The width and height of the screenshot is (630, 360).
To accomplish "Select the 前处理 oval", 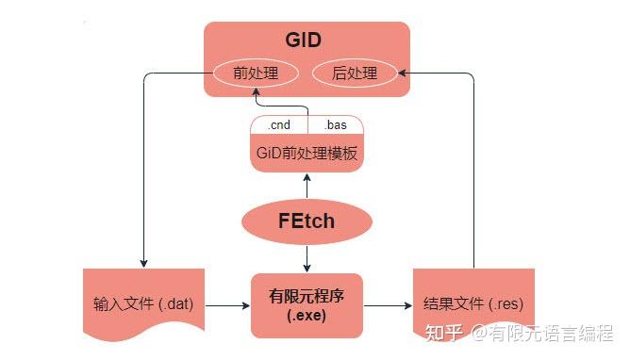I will [x=255, y=74].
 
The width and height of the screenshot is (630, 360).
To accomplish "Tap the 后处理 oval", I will [x=355, y=74].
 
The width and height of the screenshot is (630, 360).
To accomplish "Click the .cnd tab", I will [x=279, y=125].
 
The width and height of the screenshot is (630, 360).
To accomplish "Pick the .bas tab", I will [x=335, y=125].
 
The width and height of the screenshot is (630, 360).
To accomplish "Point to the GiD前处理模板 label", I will [x=307, y=154].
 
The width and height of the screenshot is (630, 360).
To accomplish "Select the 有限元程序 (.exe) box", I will [x=307, y=304].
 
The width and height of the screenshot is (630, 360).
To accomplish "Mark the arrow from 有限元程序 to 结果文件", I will [x=388, y=305].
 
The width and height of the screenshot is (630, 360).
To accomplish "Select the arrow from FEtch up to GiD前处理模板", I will [x=307, y=187].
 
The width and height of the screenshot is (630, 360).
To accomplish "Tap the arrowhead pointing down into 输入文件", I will [x=143, y=263].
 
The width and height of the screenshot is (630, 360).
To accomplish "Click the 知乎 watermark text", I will [x=444, y=334].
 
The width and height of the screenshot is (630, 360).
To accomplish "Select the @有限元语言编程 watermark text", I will [x=542, y=334].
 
